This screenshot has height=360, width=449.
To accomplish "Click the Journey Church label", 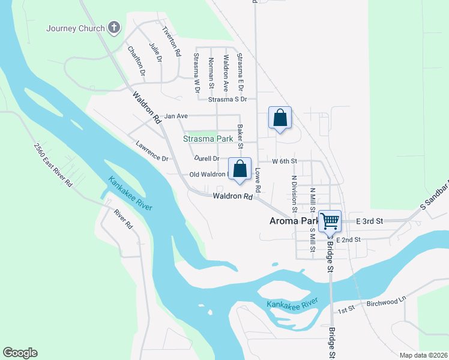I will pyautogui.click(x=76, y=28).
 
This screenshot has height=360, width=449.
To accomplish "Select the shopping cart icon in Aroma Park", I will pyautogui.click(x=330, y=221).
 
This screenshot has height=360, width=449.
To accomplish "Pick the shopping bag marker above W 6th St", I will pyautogui.click(x=280, y=118).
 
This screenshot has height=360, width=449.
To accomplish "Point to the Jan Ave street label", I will pyautogui.click(x=176, y=116).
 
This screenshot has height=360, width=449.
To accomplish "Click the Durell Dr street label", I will pyautogui.click(x=207, y=158).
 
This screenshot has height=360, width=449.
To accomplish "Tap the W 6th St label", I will pyautogui.click(x=285, y=161).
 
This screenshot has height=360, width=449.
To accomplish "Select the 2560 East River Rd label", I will pyautogui.click(x=53, y=165).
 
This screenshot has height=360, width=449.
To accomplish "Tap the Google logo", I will pyautogui.click(x=20, y=353).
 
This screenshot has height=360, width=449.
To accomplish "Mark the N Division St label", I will pyautogui.click(x=294, y=194).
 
